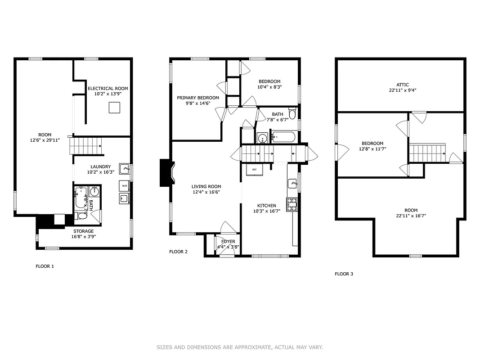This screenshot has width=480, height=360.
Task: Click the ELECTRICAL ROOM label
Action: click(x=108, y=88)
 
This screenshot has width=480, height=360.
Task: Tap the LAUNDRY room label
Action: click(x=100, y=166)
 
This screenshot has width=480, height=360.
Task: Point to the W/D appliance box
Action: click(x=124, y=185)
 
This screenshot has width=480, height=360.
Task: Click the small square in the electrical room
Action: click(x=114, y=108)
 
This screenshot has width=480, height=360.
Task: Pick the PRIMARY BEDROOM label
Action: click(x=197, y=98)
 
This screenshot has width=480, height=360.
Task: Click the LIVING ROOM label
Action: click(x=206, y=186)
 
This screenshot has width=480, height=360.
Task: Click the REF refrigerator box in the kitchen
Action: click(x=254, y=169)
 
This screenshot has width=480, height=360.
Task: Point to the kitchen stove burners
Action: click(x=292, y=204)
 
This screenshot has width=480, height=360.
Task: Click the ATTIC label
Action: click(x=402, y=85)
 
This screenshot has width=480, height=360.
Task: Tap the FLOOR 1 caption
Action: click(x=45, y=266)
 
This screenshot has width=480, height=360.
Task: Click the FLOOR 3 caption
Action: click(x=344, y=274)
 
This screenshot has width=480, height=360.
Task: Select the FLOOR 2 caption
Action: click(x=178, y=252)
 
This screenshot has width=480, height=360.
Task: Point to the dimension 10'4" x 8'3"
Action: click(x=269, y=87)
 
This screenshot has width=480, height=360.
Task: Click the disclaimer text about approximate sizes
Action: click(x=240, y=347)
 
